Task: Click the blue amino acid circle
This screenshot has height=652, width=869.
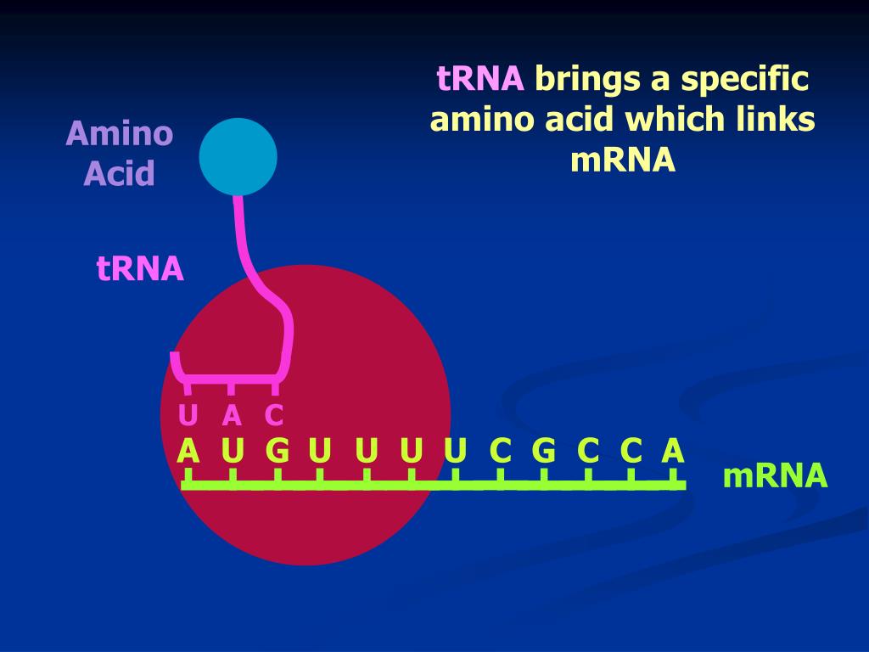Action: coord(238,156)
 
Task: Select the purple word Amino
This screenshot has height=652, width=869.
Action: coord(120,133)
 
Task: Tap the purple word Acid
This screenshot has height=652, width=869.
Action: coord(120,174)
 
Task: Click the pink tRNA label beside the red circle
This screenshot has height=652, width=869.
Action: coord(140,269)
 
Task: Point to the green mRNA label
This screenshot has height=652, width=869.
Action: coord(774,476)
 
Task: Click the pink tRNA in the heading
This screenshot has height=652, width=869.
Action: coord(480,79)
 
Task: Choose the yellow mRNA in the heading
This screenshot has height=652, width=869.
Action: coord(623,160)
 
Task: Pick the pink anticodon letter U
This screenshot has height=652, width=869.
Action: coord(188,416)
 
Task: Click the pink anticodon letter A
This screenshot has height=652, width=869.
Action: coord(232,416)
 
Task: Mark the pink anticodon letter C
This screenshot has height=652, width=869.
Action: coord(273,416)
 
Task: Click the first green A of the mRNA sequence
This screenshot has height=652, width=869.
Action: coord(188,451)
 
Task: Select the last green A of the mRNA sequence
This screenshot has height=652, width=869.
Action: coord(672,451)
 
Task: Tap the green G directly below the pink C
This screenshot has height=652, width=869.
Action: coord(277,451)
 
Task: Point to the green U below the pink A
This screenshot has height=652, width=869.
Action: coord(232,451)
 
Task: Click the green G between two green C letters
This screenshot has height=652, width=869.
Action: coord(543,451)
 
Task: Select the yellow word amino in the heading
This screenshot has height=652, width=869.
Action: coord(479,120)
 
